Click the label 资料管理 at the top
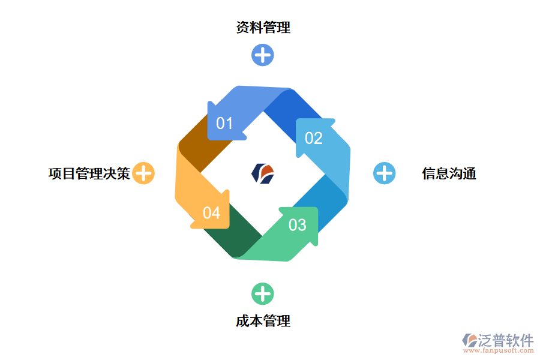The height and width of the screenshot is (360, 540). [x=263, y=28]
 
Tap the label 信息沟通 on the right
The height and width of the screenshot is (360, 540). [x=449, y=174]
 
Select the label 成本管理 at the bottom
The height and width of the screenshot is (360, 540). [x=263, y=321]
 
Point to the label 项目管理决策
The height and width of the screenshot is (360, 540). [x=89, y=174]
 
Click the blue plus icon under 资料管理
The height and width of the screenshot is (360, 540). [x=263, y=55]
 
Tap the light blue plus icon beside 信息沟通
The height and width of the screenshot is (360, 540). [x=385, y=173]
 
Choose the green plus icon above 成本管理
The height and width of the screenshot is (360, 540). [x=263, y=294]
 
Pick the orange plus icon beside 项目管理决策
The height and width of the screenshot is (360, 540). [x=143, y=173]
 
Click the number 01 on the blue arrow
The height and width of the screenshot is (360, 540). [x=224, y=124]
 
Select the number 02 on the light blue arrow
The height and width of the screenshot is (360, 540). [x=313, y=139]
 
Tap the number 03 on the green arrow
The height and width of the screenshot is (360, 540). [x=298, y=225]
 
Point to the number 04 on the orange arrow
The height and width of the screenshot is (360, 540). [x=211, y=213]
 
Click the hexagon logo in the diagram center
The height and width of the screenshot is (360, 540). [x=263, y=173]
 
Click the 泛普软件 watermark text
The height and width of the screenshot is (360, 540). [x=505, y=340]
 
